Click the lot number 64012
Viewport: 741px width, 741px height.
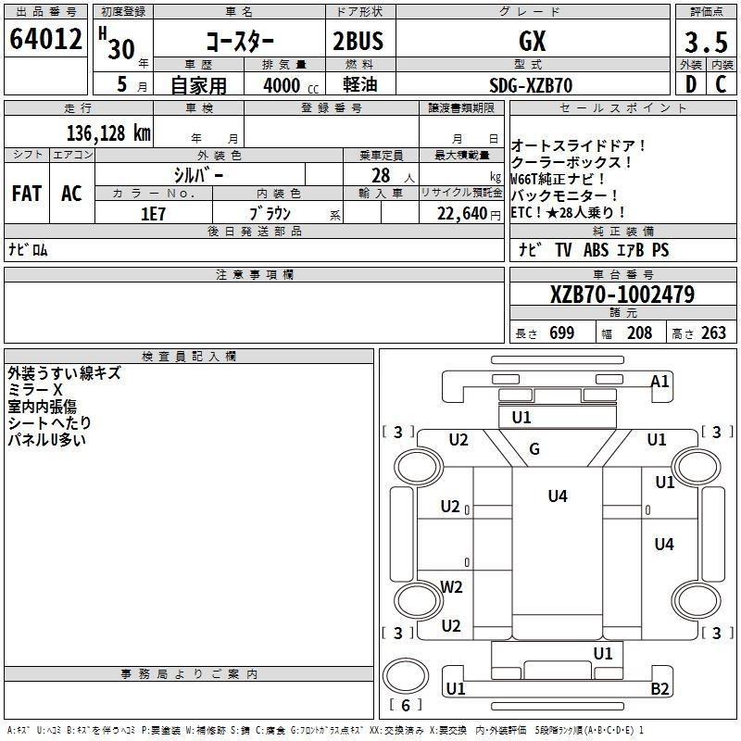coord(45,39)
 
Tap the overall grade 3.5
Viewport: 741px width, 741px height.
coord(706,42)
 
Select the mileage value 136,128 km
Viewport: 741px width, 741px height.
coord(108,133)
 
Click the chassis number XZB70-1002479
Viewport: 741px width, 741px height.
coord(622,295)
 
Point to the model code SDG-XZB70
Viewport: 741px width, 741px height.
coord(531,85)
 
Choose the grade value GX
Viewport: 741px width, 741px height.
coord(532,41)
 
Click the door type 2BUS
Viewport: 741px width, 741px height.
coord(358,41)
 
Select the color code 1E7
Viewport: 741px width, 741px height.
coord(153,214)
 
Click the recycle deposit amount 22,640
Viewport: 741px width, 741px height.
coord(462,214)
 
